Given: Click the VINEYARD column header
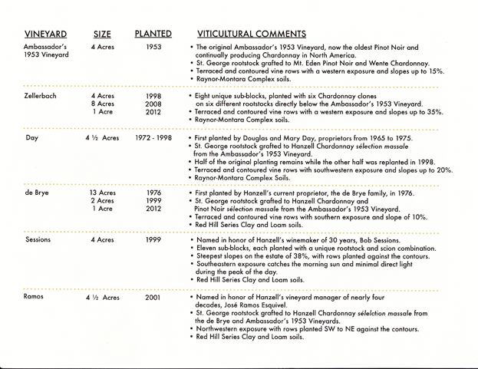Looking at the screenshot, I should (x=45, y=34).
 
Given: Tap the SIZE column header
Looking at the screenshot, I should (x=102, y=34).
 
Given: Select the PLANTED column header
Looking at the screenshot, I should (x=153, y=34).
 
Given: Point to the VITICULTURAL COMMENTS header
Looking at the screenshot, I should (x=252, y=34).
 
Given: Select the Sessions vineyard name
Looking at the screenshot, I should (x=38, y=240).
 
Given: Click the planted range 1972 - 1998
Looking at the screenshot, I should (x=153, y=138).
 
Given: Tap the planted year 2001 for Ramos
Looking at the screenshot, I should (x=153, y=296).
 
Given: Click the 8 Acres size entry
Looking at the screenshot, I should (x=102, y=104).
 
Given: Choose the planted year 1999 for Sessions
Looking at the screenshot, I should (x=153, y=240).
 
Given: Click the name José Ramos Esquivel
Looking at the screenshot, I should (x=253, y=305).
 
